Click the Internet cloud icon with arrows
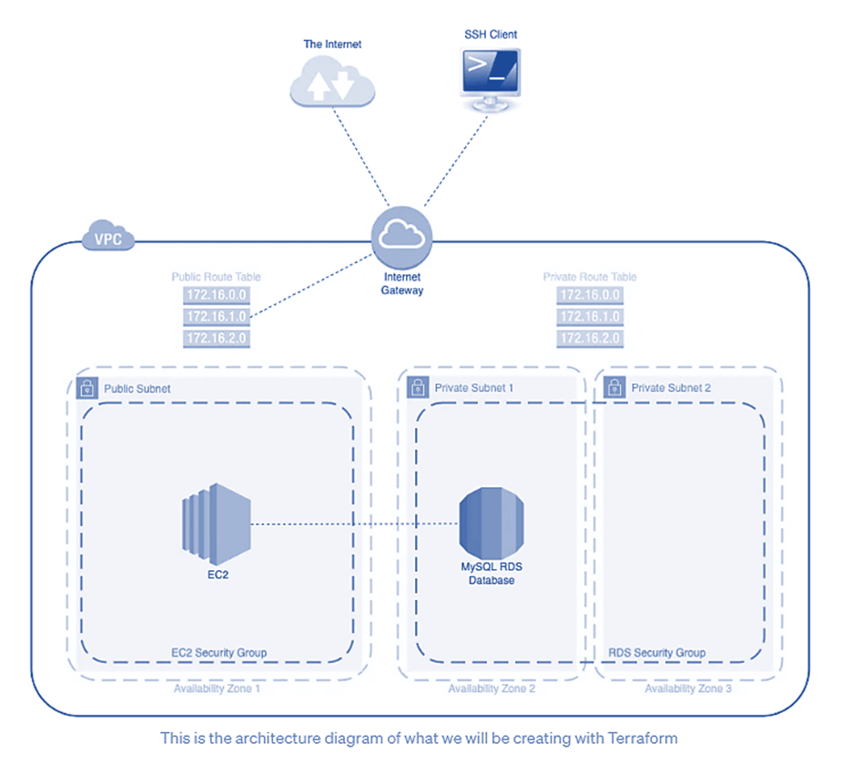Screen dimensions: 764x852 click(331, 84)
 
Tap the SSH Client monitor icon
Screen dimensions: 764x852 click(490, 77)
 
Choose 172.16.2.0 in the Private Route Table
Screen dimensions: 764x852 click(590, 339)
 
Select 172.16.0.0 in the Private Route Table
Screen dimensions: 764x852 click(590, 295)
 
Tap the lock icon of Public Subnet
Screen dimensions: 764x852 click(86, 388)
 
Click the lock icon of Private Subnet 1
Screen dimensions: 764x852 click(418, 388)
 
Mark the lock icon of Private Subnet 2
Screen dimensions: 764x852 click(614, 388)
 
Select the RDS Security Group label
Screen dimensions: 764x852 click(656, 653)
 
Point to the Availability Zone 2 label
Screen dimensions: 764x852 click(492, 688)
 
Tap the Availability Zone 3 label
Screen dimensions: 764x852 click(688, 688)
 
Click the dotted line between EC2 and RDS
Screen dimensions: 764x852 click(355, 525)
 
